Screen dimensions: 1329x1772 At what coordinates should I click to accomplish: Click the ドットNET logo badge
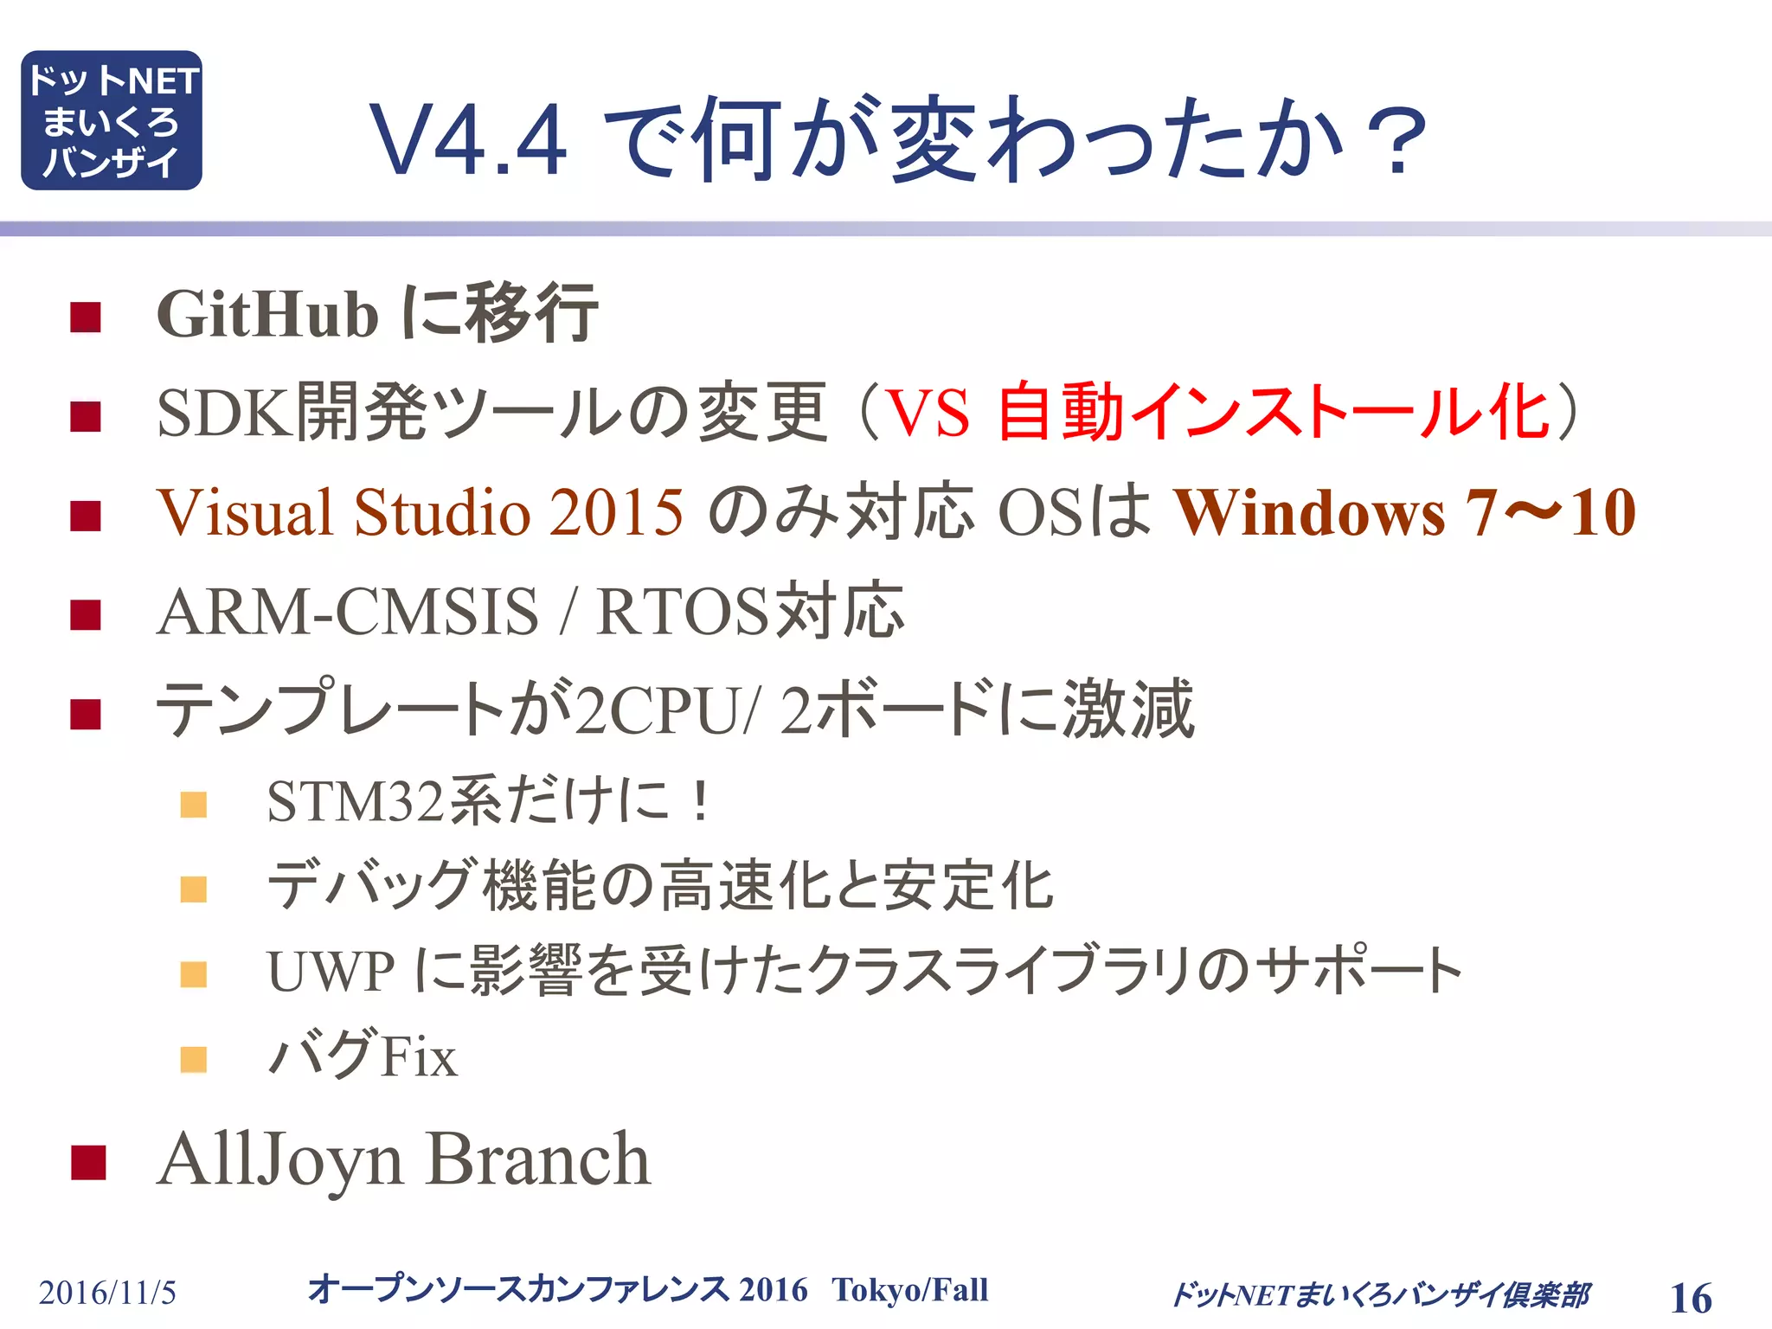coord(112,120)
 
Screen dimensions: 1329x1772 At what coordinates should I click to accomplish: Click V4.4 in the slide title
coord(468,140)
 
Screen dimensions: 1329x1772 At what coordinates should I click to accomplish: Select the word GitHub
coord(267,314)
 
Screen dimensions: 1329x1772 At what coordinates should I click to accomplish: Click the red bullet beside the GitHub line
coord(86,318)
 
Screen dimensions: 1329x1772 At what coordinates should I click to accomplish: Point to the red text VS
coord(928,413)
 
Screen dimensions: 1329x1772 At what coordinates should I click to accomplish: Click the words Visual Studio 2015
coord(420,512)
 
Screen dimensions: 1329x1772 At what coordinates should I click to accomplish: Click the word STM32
coord(355,801)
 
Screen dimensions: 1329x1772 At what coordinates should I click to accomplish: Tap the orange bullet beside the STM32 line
coord(194,805)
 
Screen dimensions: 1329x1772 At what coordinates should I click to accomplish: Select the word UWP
coord(331,971)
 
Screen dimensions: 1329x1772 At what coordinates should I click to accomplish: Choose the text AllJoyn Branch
coord(403,1159)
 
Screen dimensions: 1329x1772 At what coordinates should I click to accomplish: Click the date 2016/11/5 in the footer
coord(107,1293)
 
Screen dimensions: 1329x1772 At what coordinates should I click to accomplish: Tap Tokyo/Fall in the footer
coord(909,1289)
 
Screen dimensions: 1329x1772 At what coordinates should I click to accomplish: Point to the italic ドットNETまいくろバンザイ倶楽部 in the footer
coord(1379,1294)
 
